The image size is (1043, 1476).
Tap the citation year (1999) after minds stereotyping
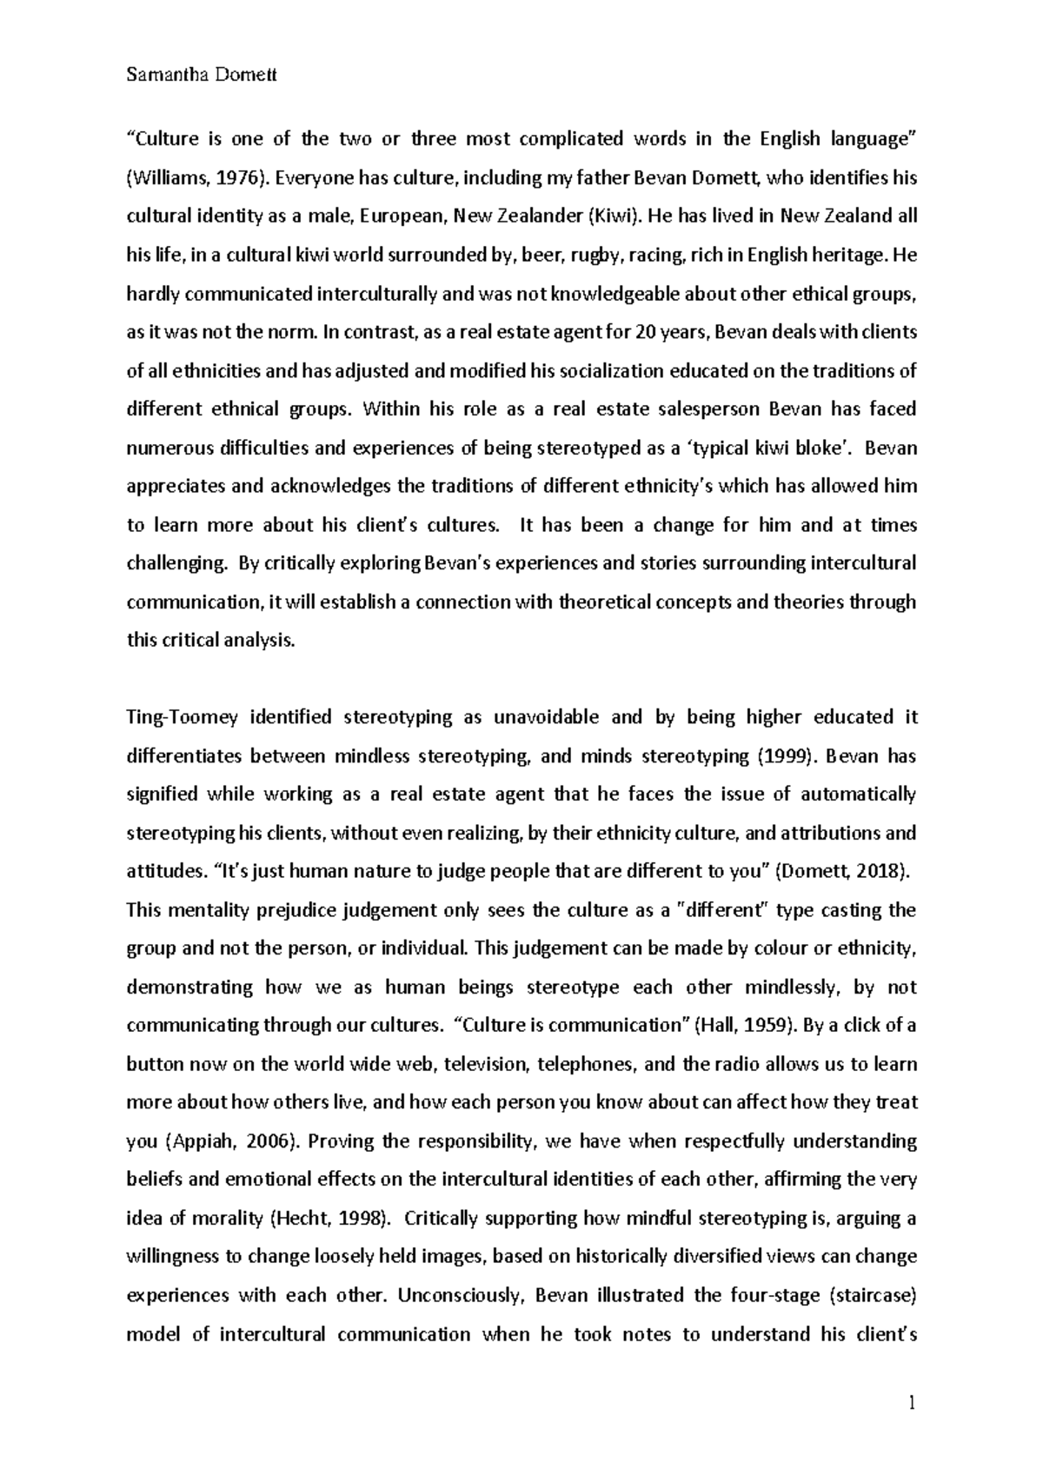[x=787, y=755]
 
